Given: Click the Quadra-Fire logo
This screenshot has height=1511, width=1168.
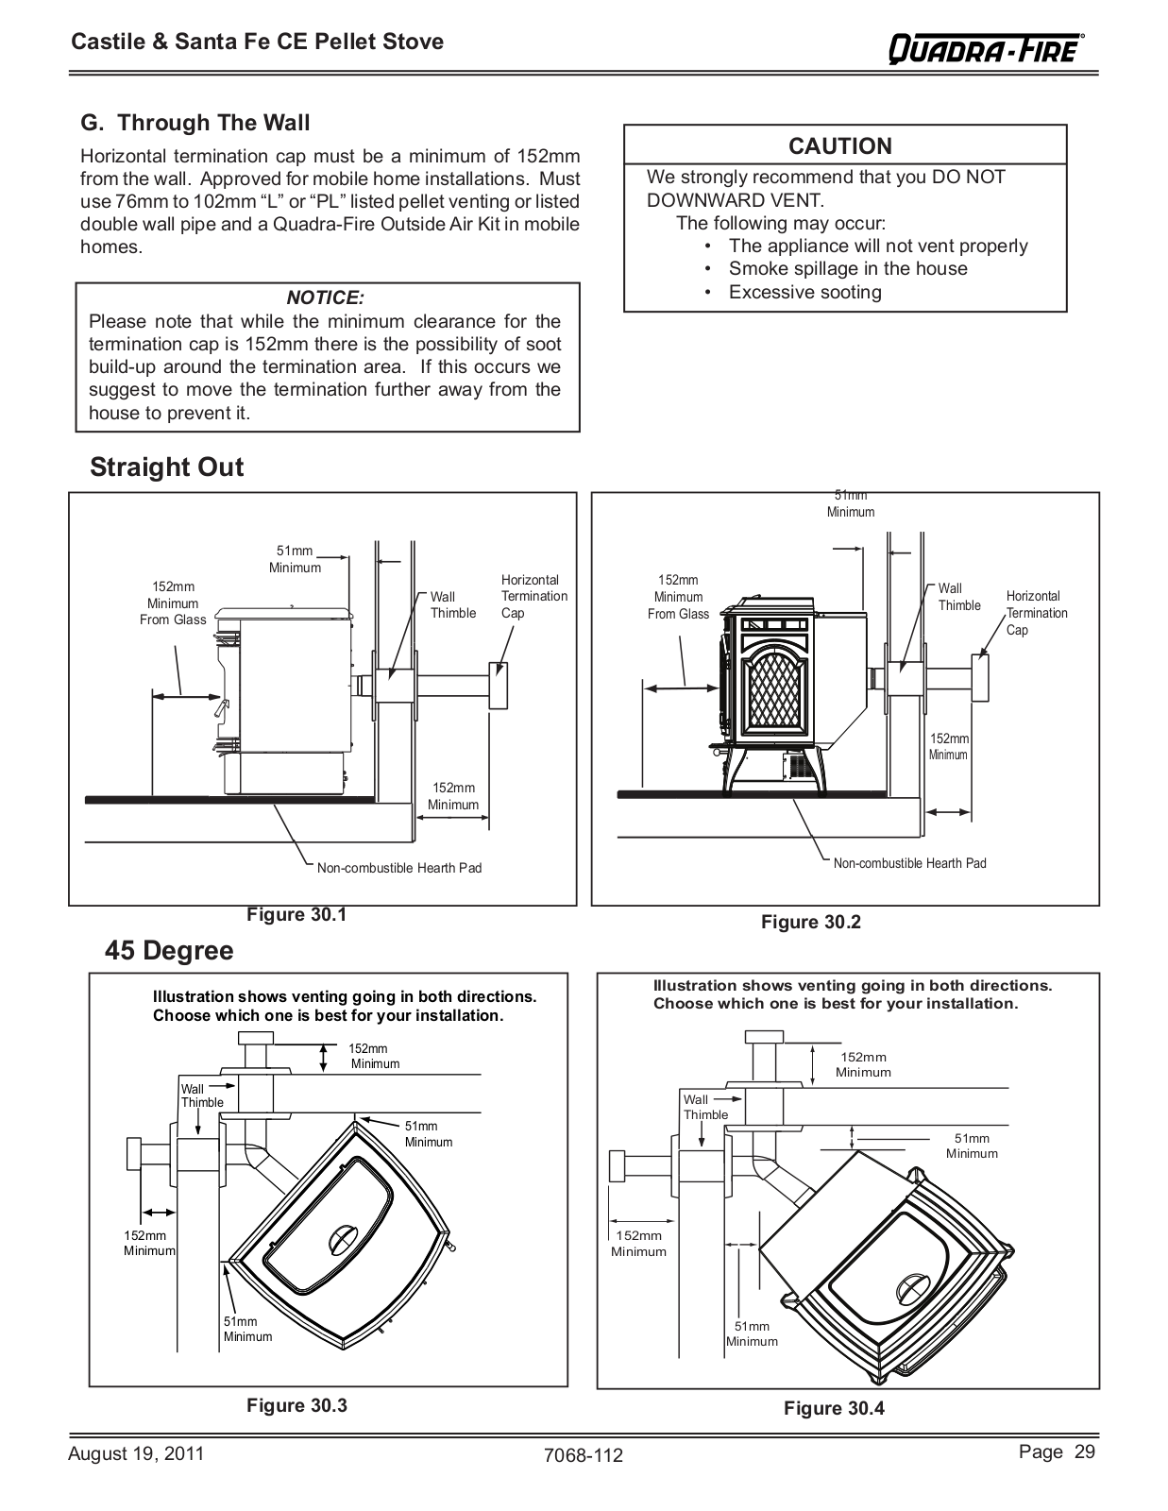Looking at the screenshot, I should click(x=986, y=47).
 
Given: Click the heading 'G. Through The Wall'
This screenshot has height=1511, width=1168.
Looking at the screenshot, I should click(x=195, y=123).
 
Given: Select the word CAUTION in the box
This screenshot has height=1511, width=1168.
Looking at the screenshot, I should click(x=839, y=146).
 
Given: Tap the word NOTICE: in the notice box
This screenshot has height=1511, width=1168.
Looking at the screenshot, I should click(x=326, y=298).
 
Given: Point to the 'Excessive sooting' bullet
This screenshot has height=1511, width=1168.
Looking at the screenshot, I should click(x=804, y=292).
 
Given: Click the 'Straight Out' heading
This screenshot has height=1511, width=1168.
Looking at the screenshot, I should click(x=167, y=467).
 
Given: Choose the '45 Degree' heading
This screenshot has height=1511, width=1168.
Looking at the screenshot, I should click(x=169, y=950).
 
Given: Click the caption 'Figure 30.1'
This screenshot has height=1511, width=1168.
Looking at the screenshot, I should click(x=296, y=915).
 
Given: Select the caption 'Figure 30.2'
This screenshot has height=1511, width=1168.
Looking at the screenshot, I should click(x=811, y=923).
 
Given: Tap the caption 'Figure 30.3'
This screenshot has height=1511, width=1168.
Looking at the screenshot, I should click(x=296, y=1405).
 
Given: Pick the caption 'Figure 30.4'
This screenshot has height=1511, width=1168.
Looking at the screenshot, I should click(x=834, y=1408).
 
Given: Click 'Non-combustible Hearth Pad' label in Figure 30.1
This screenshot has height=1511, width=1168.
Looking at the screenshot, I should click(x=398, y=868).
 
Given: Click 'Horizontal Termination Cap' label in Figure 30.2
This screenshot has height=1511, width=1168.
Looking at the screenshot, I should click(x=1036, y=613).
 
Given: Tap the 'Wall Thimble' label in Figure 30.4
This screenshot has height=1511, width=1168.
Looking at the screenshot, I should click(x=705, y=1107).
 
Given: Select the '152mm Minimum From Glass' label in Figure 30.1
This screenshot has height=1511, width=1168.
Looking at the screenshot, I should click(x=173, y=603).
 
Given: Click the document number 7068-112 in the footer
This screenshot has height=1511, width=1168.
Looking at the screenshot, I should click(x=584, y=1455).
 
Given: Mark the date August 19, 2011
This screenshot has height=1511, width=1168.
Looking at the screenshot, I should click(x=136, y=1453).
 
